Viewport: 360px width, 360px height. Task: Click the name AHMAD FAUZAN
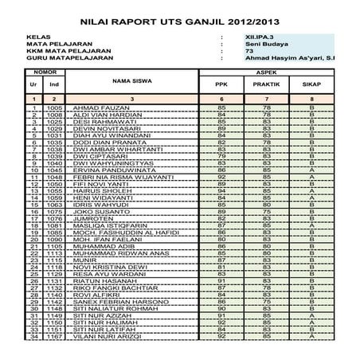coord(96,107)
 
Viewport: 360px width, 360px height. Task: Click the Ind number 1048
coord(55,178)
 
